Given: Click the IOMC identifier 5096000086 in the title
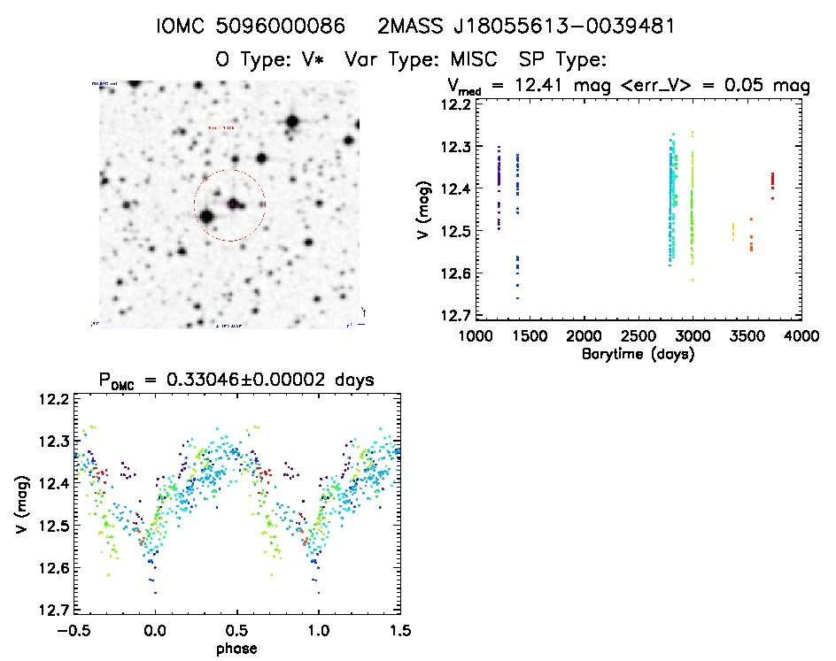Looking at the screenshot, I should click(280, 27).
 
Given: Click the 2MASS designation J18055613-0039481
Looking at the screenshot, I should click(526, 27).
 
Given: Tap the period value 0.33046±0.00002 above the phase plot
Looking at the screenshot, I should click(281, 380).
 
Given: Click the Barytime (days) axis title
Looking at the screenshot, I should click(638, 354).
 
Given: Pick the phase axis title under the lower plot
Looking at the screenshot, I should click(236, 649).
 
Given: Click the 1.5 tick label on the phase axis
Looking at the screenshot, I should click(399, 632).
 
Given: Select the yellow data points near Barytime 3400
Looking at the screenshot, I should click(732, 232).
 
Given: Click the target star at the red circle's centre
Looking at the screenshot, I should click(232, 204).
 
